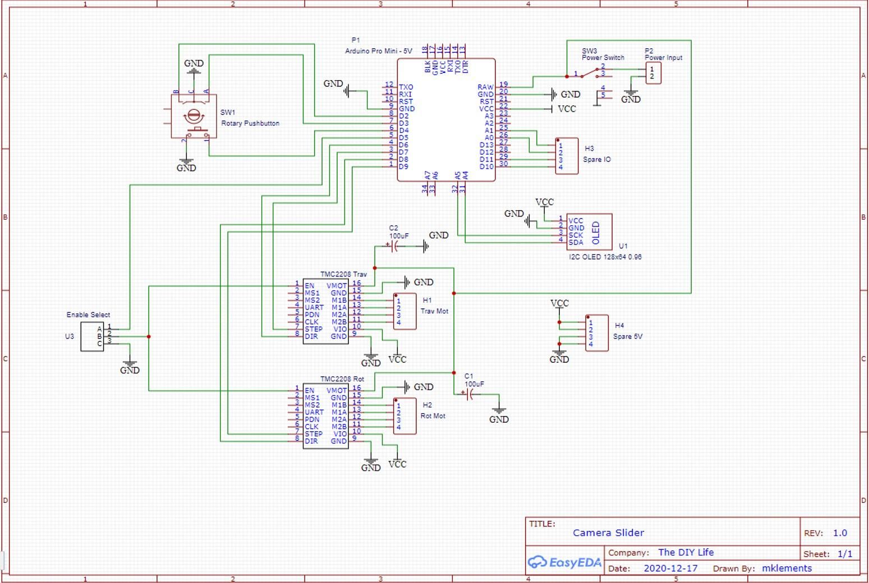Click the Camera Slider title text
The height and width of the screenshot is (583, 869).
(608, 533)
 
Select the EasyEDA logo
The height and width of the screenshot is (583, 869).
(564, 562)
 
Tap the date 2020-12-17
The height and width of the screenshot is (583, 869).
(670, 568)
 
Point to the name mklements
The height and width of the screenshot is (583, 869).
(787, 568)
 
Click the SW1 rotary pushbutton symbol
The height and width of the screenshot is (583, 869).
(194, 117)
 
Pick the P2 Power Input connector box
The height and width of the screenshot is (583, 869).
(653, 73)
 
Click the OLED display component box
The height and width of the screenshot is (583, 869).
(589, 232)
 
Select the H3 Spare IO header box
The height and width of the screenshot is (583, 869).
(567, 156)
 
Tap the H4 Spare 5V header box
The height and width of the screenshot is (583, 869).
(596, 333)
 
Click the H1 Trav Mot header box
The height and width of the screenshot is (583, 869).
(404, 311)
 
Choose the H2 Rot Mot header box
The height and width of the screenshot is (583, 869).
(404, 416)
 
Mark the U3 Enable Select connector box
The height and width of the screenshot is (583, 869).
(92, 336)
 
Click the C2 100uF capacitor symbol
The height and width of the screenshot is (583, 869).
(395, 246)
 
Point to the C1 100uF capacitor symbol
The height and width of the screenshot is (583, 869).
(470, 395)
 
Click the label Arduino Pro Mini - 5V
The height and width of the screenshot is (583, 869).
(378, 51)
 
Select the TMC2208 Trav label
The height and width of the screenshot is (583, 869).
(343, 275)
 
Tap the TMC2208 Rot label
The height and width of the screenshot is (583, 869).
(342, 380)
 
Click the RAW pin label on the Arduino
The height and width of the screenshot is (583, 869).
(485, 87)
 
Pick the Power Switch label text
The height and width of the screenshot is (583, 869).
(603, 58)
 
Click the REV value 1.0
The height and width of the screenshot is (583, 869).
(840, 533)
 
